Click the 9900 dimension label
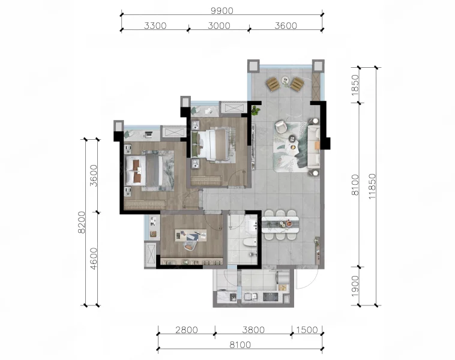click(x=222, y=11)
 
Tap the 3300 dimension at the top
click(x=155, y=26)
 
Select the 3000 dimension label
click(x=219, y=26)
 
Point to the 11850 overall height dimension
click(x=372, y=186)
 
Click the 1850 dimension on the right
click(x=355, y=85)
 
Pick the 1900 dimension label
click(x=355, y=286)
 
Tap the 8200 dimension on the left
click(x=82, y=222)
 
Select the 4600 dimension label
click(x=94, y=259)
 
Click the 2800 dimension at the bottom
click(x=187, y=330)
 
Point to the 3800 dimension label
click(x=254, y=330)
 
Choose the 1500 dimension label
click(x=307, y=330)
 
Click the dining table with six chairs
click(x=280, y=225)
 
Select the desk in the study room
click(x=191, y=235)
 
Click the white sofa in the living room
click(x=314, y=147)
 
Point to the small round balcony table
click(x=285, y=80)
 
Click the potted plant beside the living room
click(x=256, y=110)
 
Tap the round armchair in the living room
click(x=281, y=127)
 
